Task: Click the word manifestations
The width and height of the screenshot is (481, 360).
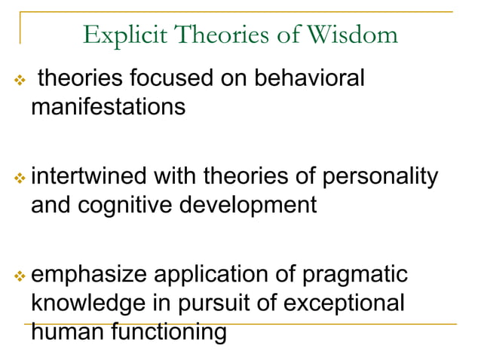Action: [x=108, y=106]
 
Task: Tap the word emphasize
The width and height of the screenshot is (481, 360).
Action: [x=90, y=275]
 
